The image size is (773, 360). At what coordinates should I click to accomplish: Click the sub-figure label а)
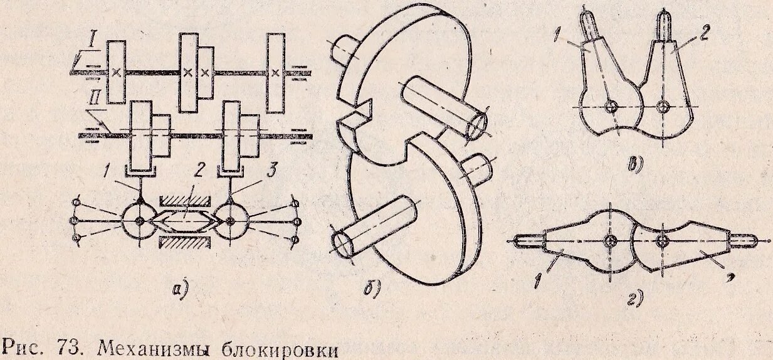pyautogui.click(x=180, y=289)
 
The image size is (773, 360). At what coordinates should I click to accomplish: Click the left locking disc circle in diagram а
pyautogui.click(x=139, y=221)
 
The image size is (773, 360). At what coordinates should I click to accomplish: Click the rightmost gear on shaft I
pyautogui.click(x=275, y=73)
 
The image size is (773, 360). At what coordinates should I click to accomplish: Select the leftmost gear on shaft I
pyautogui.click(x=116, y=71)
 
